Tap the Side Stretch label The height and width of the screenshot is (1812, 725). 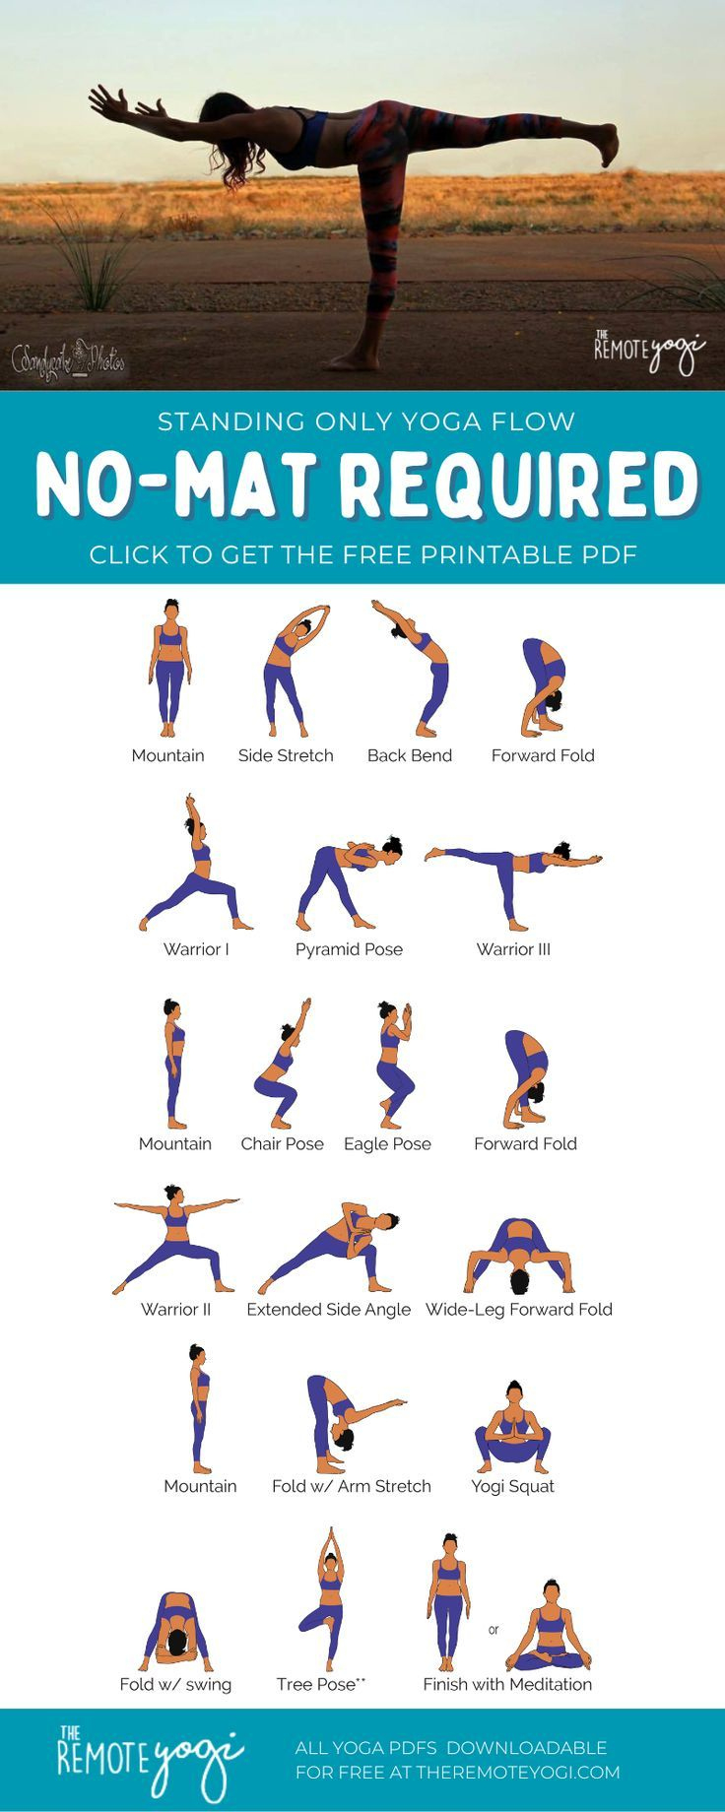pyautogui.click(x=286, y=755)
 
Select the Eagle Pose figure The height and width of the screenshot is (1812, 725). pyautogui.click(x=393, y=1064)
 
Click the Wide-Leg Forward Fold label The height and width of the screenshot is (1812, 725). pyautogui.click(x=518, y=1309)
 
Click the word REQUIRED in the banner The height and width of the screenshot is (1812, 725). pyautogui.click(x=520, y=485)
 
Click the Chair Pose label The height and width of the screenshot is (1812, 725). pyautogui.click(x=282, y=1143)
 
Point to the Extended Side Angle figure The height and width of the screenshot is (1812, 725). pyautogui.click(x=331, y=1247)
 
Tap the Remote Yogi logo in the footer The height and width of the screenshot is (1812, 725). pyautogui.click(x=148, y=1759)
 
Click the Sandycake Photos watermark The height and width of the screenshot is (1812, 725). pyautogui.click(x=69, y=359)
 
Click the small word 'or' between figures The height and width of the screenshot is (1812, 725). pyautogui.click(x=494, y=1630)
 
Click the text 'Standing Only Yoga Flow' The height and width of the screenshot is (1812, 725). pyautogui.click(x=365, y=421)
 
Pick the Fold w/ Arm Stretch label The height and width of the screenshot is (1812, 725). pyautogui.click(x=352, y=1486)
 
